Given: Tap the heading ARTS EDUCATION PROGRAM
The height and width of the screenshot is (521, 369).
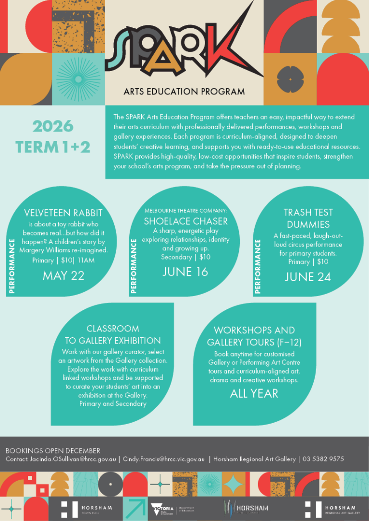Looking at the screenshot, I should tap(184, 92).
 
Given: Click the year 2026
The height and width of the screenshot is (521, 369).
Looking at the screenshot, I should tap(53, 127).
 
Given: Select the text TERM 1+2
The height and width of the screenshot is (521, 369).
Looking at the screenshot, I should tap(53, 147).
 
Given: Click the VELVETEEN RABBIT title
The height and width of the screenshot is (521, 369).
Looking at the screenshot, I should tap(63, 213).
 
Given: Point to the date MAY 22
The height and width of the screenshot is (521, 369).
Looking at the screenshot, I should tap(63, 275).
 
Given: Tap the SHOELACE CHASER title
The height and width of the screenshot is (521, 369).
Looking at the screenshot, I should tap(185, 221).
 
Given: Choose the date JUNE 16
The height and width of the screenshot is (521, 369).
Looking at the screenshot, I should tap(185, 272).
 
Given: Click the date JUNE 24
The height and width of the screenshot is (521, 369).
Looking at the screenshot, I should tap(307, 277).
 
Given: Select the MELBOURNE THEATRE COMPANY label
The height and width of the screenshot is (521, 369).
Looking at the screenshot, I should tap(185, 210).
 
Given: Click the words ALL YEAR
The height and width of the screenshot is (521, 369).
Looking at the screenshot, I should tap(254, 393).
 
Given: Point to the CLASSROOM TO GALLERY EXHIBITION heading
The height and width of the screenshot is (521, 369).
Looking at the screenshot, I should tap(113, 334).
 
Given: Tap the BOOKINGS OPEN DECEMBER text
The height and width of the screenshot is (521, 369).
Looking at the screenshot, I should tap(53, 450).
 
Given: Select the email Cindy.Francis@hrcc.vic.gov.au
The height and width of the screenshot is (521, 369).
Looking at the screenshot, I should tap(164, 459).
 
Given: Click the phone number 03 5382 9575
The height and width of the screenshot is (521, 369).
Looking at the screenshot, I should tap(322, 459).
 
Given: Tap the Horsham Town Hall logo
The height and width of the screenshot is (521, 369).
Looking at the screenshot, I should tap(87, 508).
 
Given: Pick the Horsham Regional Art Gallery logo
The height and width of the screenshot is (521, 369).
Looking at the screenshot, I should tap(332, 508).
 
